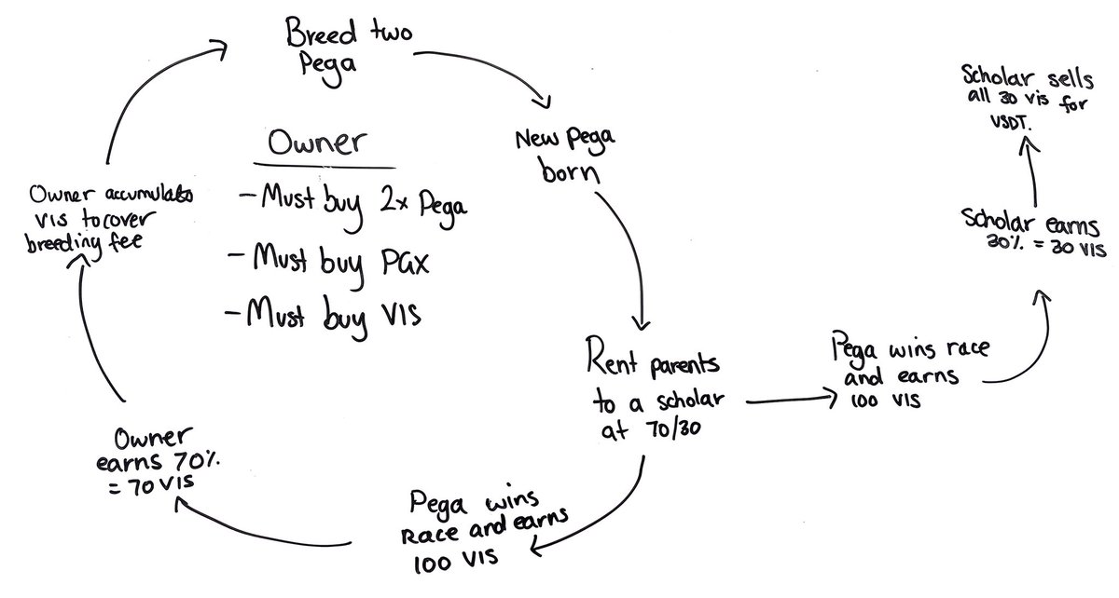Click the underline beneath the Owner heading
(x=318, y=168)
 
